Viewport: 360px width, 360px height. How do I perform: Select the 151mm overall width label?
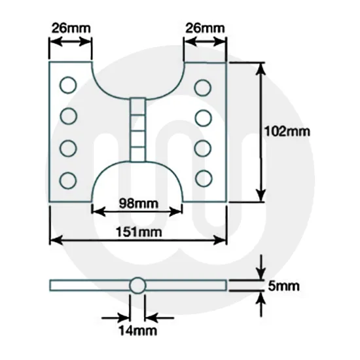(x=138, y=232)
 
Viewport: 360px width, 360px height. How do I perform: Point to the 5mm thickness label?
(x=284, y=286)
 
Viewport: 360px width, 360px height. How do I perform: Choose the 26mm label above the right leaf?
(x=205, y=29)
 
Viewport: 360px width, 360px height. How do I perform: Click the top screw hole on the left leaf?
(x=68, y=84)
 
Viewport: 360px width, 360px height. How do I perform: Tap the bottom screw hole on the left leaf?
(x=68, y=178)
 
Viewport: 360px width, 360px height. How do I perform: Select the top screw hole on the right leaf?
(x=204, y=86)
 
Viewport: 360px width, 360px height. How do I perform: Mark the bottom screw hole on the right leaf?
(x=204, y=177)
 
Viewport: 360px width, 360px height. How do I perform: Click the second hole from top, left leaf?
(x=68, y=117)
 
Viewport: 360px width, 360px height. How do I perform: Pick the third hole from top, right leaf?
(x=204, y=147)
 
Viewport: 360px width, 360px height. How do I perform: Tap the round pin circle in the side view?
(x=137, y=285)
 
